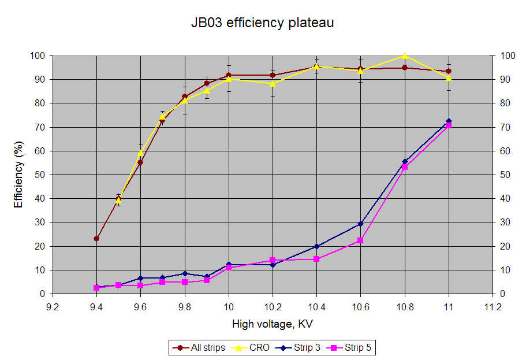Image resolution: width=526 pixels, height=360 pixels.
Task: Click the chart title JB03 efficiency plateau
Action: click(x=263, y=23)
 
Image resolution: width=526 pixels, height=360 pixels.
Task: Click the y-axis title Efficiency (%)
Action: click(x=19, y=175)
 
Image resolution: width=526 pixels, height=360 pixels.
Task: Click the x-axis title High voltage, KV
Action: click(x=273, y=324)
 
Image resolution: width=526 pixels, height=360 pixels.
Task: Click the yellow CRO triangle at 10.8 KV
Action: click(x=404, y=56)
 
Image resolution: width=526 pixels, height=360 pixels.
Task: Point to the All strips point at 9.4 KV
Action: click(x=96, y=239)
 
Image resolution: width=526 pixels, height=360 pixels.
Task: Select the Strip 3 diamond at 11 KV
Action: click(x=449, y=121)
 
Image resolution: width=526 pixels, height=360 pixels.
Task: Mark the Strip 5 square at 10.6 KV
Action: click(x=360, y=240)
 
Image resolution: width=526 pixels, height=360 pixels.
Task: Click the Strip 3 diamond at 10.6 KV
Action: click(x=360, y=224)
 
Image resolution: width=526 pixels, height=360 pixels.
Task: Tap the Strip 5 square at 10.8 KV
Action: click(x=404, y=166)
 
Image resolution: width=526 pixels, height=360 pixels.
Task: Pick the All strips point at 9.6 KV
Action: click(x=140, y=162)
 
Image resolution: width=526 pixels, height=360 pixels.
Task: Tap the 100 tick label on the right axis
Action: click(x=508, y=56)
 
